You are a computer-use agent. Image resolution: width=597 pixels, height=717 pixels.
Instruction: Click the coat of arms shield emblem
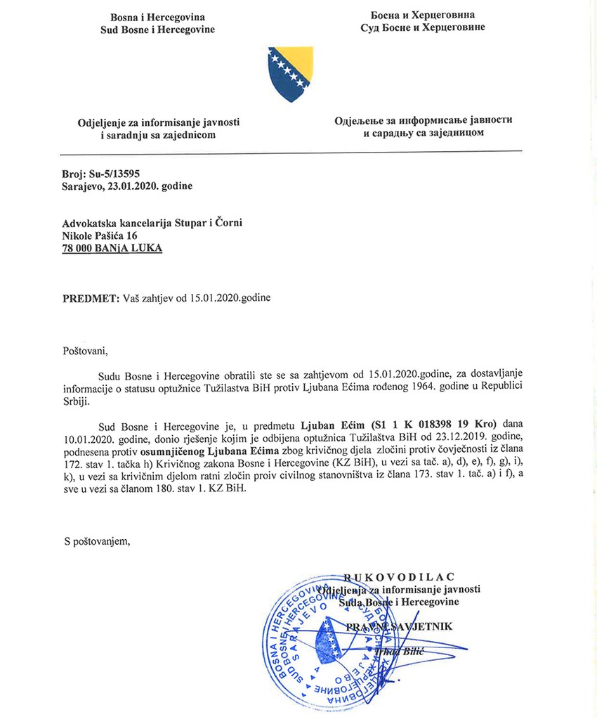290,75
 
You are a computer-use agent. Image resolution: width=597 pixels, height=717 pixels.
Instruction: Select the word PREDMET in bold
87,297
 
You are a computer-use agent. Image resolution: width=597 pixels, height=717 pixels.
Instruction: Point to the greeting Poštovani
87,349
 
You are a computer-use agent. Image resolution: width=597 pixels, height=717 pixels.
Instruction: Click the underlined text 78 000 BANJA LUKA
112,248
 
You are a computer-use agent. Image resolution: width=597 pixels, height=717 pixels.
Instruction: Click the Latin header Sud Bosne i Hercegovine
158,29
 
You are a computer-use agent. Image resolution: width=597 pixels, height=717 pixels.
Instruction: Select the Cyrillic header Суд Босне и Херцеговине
428,27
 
